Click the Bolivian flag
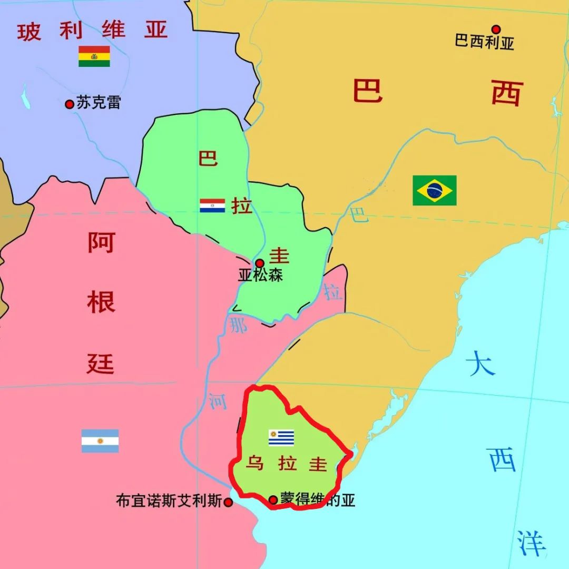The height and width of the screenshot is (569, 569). pos(94,56)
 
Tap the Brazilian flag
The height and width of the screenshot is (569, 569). pos(435,190)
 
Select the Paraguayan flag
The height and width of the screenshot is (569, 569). pos(212,205)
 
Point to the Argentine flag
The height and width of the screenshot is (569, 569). pos(100,441)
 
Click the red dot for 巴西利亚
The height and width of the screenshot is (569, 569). pos(496,30)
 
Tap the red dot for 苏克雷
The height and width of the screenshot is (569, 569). pos(69,104)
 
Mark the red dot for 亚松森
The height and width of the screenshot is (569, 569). pos(259,263)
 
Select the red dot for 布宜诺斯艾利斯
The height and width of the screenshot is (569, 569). pos(228,502)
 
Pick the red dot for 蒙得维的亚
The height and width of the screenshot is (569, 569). pos(273,499)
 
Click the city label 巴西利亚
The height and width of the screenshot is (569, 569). pos(484,42)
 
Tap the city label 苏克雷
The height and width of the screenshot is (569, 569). pos(99,102)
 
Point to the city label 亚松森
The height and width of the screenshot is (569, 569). pos(260,275)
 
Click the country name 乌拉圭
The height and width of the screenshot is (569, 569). pos(287,464)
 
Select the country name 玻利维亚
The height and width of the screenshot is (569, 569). pos(92,31)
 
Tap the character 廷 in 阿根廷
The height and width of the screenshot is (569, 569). pos(100,363)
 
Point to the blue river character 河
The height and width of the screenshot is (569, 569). pos(217,400)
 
